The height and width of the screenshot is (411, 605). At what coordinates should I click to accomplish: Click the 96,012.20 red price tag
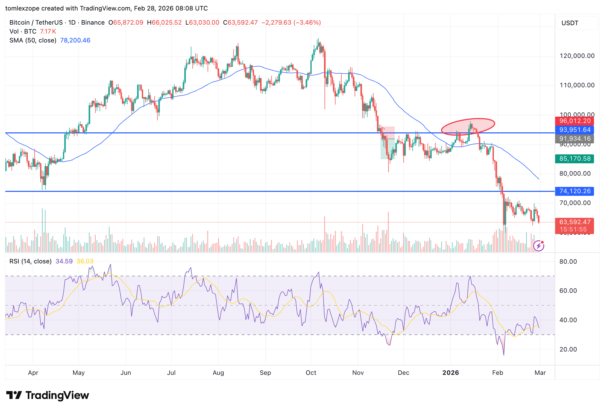(574, 121)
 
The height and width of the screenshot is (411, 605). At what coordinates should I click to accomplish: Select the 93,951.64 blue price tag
(574, 130)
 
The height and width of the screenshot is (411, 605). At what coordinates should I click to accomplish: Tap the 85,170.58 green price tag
(574, 159)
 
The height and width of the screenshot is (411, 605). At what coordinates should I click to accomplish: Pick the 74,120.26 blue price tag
(574, 191)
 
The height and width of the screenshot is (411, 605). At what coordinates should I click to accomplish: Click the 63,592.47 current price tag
(574, 222)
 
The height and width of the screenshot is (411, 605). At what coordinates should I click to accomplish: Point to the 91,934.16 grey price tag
(574, 139)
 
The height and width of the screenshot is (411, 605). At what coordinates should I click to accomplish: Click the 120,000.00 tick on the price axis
(577, 56)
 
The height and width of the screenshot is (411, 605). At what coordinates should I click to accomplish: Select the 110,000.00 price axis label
(577, 85)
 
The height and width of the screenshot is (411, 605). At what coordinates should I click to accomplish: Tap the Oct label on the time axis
(311, 373)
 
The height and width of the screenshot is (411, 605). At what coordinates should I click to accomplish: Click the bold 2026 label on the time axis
(451, 373)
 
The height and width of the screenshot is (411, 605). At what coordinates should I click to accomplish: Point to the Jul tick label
(171, 373)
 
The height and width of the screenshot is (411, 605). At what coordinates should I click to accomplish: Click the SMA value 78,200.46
(75, 40)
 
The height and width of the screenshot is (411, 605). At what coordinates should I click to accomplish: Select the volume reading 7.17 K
(48, 31)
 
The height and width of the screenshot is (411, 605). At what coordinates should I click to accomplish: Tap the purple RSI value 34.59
(64, 261)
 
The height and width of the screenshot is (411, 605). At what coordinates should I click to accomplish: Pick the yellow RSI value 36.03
(85, 261)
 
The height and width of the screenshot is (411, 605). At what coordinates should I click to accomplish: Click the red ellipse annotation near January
(468, 126)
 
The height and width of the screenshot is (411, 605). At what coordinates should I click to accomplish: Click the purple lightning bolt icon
(539, 246)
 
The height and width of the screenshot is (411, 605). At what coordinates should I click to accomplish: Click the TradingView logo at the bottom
(48, 395)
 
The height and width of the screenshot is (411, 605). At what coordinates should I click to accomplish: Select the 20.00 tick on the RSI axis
(568, 349)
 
